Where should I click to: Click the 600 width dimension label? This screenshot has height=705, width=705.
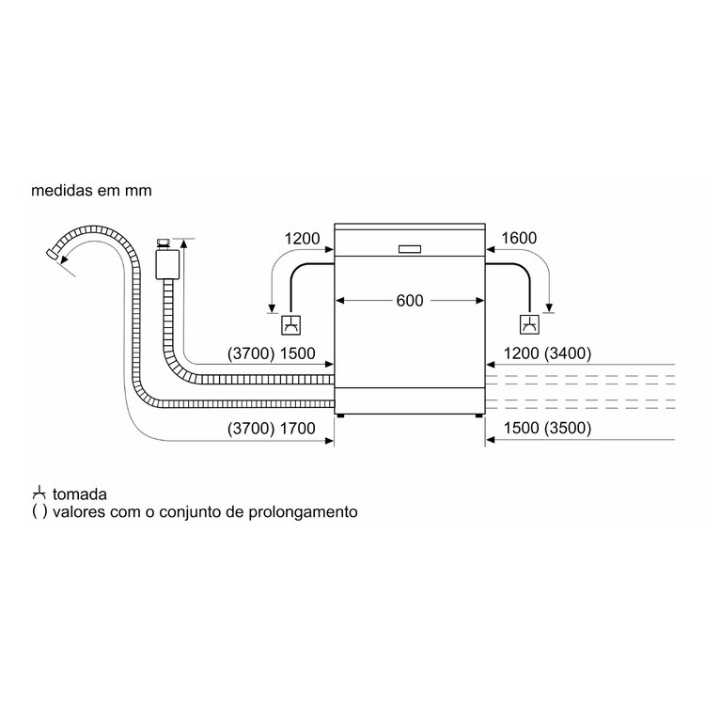tap(410, 301)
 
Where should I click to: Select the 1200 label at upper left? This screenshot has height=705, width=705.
tap(302, 239)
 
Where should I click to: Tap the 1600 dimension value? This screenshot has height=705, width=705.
tap(519, 239)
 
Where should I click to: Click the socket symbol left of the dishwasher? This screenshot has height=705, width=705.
tap(291, 325)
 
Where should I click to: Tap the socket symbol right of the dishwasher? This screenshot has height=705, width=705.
tap(531, 325)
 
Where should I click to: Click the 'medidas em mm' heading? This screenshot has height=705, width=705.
tap(90, 190)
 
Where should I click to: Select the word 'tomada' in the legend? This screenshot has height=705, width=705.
tap(80, 493)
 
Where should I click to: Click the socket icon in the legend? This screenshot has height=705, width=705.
tap(39, 493)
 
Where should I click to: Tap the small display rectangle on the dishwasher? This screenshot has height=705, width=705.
tap(411, 249)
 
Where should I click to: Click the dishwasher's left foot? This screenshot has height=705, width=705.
tap(340, 414)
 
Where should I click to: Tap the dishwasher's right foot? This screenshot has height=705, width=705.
tap(479, 414)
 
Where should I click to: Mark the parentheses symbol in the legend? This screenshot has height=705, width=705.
tap(39, 513)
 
